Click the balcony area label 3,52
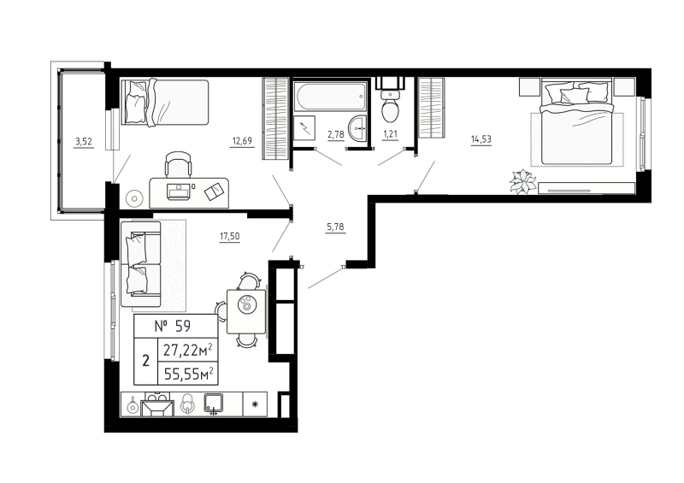pyautogui.click(x=83, y=142)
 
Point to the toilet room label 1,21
pyautogui.click(x=390, y=133)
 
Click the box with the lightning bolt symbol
pyautogui.click(x=304, y=129)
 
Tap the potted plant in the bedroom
pyautogui.click(x=521, y=181)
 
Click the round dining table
pyautogui.click(x=246, y=304)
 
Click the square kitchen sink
pyautogui.click(x=214, y=403)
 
